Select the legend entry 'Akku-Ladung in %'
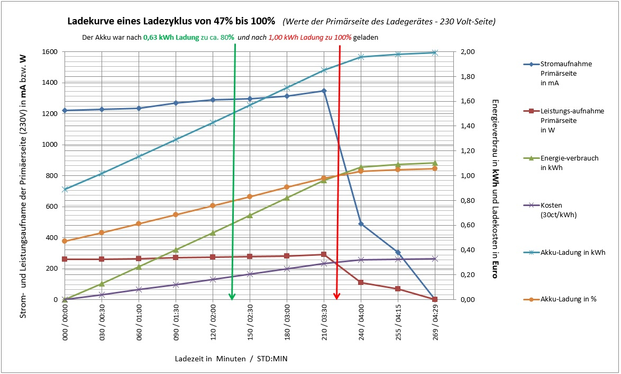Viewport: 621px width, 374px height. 569,299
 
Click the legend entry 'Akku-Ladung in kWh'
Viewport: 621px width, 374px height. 573,253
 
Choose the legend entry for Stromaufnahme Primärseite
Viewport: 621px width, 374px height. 566,73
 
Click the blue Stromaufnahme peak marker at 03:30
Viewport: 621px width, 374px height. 324,91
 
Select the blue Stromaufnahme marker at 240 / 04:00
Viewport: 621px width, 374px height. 361,224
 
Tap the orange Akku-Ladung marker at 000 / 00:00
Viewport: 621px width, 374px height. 65,241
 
